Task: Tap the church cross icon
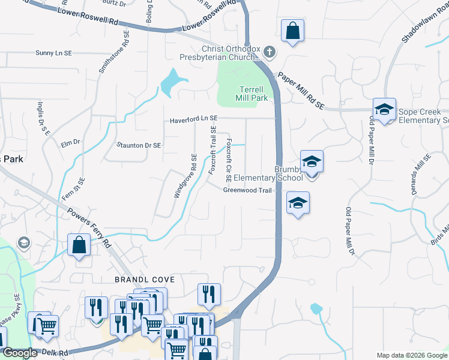click(269, 52)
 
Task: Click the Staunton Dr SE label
click(139, 145)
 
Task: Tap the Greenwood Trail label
click(247, 190)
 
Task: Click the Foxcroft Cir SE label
click(229, 160)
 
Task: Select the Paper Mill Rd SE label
click(300, 91)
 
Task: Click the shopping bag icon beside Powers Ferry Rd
click(79, 245)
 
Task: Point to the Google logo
click(20, 353)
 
